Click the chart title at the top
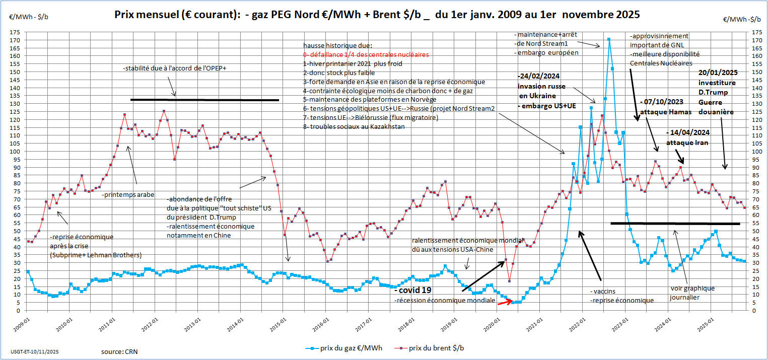click(377, 15)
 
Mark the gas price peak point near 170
click(609, 39)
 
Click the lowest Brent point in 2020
click(510, 281)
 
